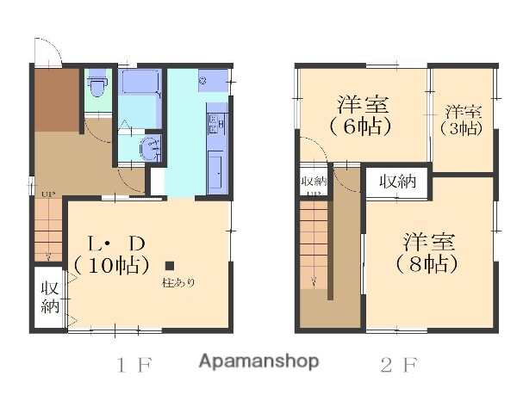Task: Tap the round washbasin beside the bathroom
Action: click(x=150, y=147)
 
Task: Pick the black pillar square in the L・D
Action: click(x=171, y=266)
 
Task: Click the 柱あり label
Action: click(x=178, y=282)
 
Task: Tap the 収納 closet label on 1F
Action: click(x=48, y=298)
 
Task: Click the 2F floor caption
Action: click(x=398, y=364)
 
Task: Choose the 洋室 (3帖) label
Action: click(x=463, y=120)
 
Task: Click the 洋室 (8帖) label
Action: click(x=427, y=251)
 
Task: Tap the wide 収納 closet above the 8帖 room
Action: click(x=397, y=182)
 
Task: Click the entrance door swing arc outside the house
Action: click(x=48, y=52)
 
